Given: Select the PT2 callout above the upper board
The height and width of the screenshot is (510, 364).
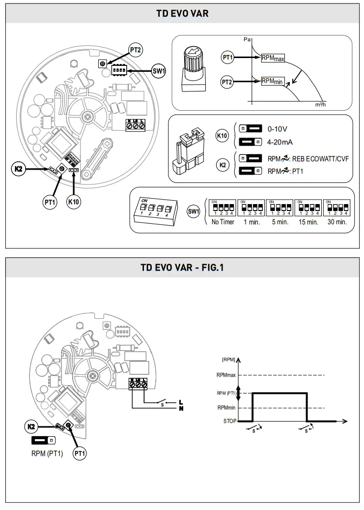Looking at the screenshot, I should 135,50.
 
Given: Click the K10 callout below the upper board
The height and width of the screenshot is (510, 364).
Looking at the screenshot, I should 74,202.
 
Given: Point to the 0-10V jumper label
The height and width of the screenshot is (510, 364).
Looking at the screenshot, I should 278,129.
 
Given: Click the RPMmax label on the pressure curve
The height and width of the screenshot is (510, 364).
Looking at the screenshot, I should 273,57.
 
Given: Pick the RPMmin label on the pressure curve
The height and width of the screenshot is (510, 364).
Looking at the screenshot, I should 271,81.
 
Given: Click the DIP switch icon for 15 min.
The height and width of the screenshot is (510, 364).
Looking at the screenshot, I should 307,208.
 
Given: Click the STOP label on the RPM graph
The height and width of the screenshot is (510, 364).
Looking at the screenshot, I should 229,421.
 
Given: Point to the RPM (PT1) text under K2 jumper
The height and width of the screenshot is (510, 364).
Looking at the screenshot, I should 47,453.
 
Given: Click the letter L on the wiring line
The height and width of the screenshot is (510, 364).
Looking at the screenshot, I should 181,402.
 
